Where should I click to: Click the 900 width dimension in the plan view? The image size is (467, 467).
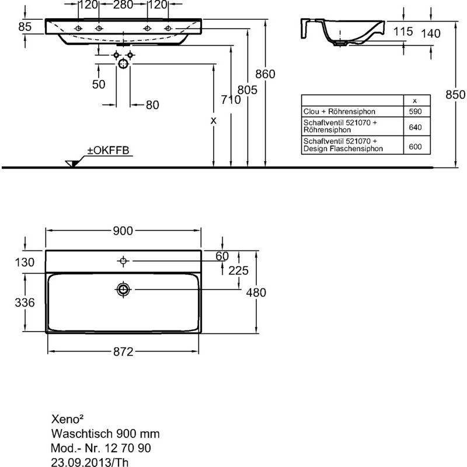(x=123, y=231)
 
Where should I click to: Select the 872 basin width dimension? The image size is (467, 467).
(x=123, y=352)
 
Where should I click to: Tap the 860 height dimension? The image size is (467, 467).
(x=265, y=74)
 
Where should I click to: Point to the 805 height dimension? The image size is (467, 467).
(x=247, y=90)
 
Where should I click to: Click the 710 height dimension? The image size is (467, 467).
(x=231, y=99)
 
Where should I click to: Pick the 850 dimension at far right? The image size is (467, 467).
(x=455, y=95)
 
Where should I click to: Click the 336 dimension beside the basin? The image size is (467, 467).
(x=25, y=302)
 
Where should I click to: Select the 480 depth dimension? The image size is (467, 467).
(x=256, y=292)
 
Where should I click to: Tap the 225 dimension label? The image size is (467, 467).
(x=239, y=270)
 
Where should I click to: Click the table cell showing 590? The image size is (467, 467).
(x=416, y=111)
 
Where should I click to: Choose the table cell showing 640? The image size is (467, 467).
(x=416, y=127)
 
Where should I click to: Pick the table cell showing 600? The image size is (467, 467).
(x=416, y=147)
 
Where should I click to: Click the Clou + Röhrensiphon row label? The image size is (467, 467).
(x=339, y=111)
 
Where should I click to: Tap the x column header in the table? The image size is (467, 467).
(x=415, y=101)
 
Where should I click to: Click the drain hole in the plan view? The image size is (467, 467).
(x=123, y=289)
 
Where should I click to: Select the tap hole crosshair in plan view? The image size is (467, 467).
(x=123, y=261)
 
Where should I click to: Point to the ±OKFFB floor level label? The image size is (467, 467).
(x=109, y=151)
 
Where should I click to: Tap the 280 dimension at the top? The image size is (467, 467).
(x=123, y=5)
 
